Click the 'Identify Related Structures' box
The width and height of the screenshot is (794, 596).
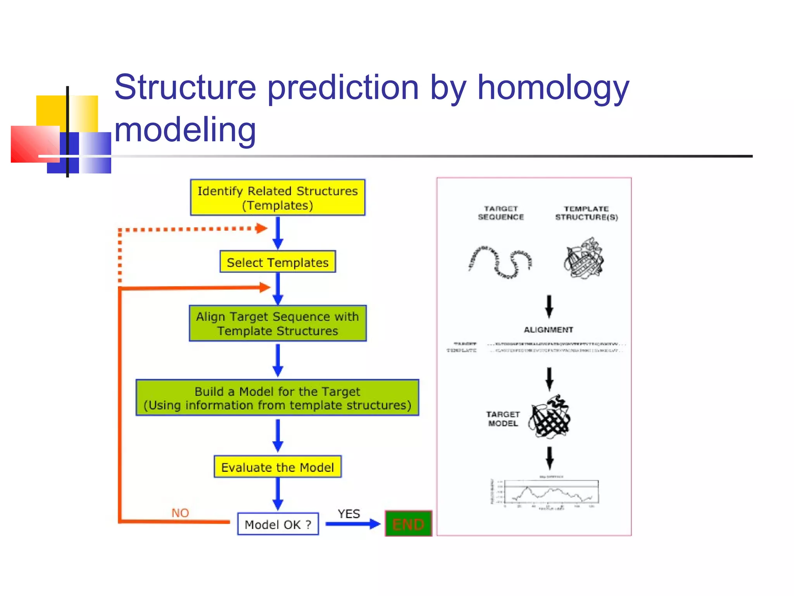pyautogui.click(x=278, y=198)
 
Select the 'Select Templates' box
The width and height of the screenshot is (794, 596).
pyautogui.click(x=278, y=262)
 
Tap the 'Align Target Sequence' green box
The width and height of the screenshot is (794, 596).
pyautogui.click(x=278, y=324)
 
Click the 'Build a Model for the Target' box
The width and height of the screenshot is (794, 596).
pyautogui.click(x=278, y=398)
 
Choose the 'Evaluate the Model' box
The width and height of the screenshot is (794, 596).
pyautogui.click(x=278, y=467)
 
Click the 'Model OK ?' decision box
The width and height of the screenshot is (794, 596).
pyautogui.click(x=278, y=524)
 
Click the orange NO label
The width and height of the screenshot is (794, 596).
pyautogui.click(x=180, y=513)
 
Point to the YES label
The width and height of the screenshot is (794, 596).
pyautogui.click(x=349, y=514)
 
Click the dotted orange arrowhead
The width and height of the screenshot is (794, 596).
pyautogui.click(x=262, y=228)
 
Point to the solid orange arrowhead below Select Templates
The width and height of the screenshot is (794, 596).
pyautogui.click(x=264, y=288)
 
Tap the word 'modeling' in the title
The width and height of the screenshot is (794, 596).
pyautogui.click(x=185, y=130)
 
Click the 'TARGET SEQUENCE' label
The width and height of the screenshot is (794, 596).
pyautogui.click(x=501, y=213)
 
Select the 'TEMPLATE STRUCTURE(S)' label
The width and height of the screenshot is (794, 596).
pyautogui.click(x=586, y=213)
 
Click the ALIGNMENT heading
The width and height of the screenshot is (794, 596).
pyautogui.click(x=548, y=330)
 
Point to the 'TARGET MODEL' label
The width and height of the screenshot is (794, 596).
pyautogui.click(x=503, y=419)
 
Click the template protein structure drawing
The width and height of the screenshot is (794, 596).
pyautogui.click(x=583, y=258)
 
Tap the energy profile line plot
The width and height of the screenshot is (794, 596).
pyautogui.click(x=551, y=492)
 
